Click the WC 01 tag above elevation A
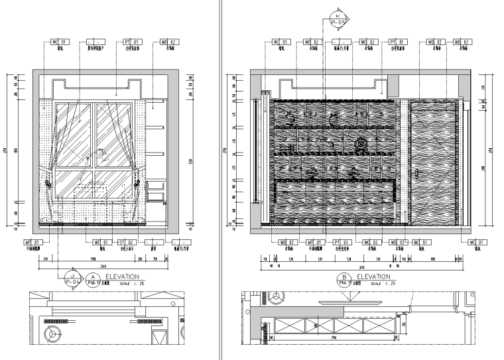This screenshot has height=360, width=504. pyautogui.click(x=60, y=41)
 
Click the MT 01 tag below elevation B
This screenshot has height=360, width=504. pyautogui.click(x=315, y=243)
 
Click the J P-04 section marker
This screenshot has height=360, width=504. pyautogui.click(x=72, y=278)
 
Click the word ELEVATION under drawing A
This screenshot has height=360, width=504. pyautogui.click(x=122, y=276)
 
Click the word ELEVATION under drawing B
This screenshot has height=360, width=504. pyautogui.click(x=373, y=276)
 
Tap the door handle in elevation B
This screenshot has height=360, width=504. pyautogui.click(x=418, y=174)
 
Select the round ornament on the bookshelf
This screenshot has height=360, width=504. pyautogui.click(x=361, y=142)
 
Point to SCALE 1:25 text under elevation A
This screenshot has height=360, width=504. pyautogui.click(x=130, y=283)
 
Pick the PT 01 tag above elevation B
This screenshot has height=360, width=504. pyautogui.click(x=396, y=41)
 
